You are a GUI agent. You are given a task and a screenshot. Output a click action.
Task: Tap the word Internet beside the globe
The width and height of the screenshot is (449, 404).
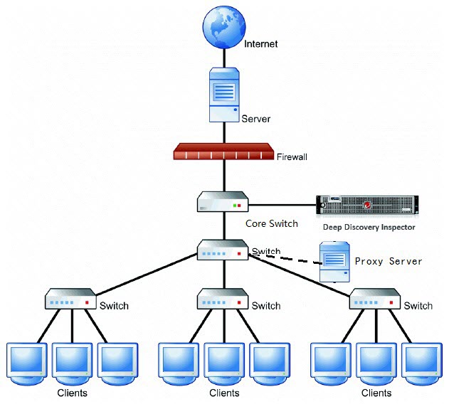[x=260, y=44]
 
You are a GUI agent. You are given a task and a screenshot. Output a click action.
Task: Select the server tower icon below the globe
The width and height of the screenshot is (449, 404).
[x=223, y=95]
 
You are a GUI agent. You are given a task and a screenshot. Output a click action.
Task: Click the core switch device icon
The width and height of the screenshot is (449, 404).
[x=223, y=202]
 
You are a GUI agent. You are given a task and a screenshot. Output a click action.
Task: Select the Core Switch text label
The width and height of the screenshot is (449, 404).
[x=272, y=223]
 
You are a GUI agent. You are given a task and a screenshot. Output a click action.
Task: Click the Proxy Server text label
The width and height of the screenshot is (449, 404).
[x=388, y=261]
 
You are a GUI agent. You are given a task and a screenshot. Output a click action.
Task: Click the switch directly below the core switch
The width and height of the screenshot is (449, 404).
[x=223, y=250]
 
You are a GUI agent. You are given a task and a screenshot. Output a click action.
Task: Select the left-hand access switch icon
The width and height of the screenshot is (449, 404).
[x=71, y=299]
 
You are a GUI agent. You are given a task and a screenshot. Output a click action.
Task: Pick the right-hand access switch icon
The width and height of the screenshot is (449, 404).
[x=374, y=299]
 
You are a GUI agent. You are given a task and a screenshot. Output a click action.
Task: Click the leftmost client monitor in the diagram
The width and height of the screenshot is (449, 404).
[x=26, y=362]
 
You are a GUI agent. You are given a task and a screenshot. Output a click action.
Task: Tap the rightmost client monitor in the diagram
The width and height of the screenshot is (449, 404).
[x=420, y=362]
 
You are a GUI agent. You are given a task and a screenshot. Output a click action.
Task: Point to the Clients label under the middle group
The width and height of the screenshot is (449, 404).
[x=224, y=393]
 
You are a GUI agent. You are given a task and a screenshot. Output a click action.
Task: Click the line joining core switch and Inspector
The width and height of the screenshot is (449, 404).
[x=282, y=205]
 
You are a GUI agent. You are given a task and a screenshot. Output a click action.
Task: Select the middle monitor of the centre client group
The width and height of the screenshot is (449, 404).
[x=224, y=362]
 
